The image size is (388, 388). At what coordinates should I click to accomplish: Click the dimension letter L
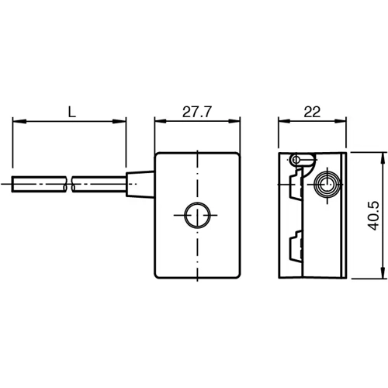[x=71, y=111]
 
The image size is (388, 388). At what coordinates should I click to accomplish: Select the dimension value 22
[x=312, y=111]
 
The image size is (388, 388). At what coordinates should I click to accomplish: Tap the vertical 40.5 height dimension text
[x=375, y=216]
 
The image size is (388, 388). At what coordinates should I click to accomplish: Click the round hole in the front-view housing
[x=197, y=214]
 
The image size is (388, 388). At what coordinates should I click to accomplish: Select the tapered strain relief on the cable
[x=140, y=184]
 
